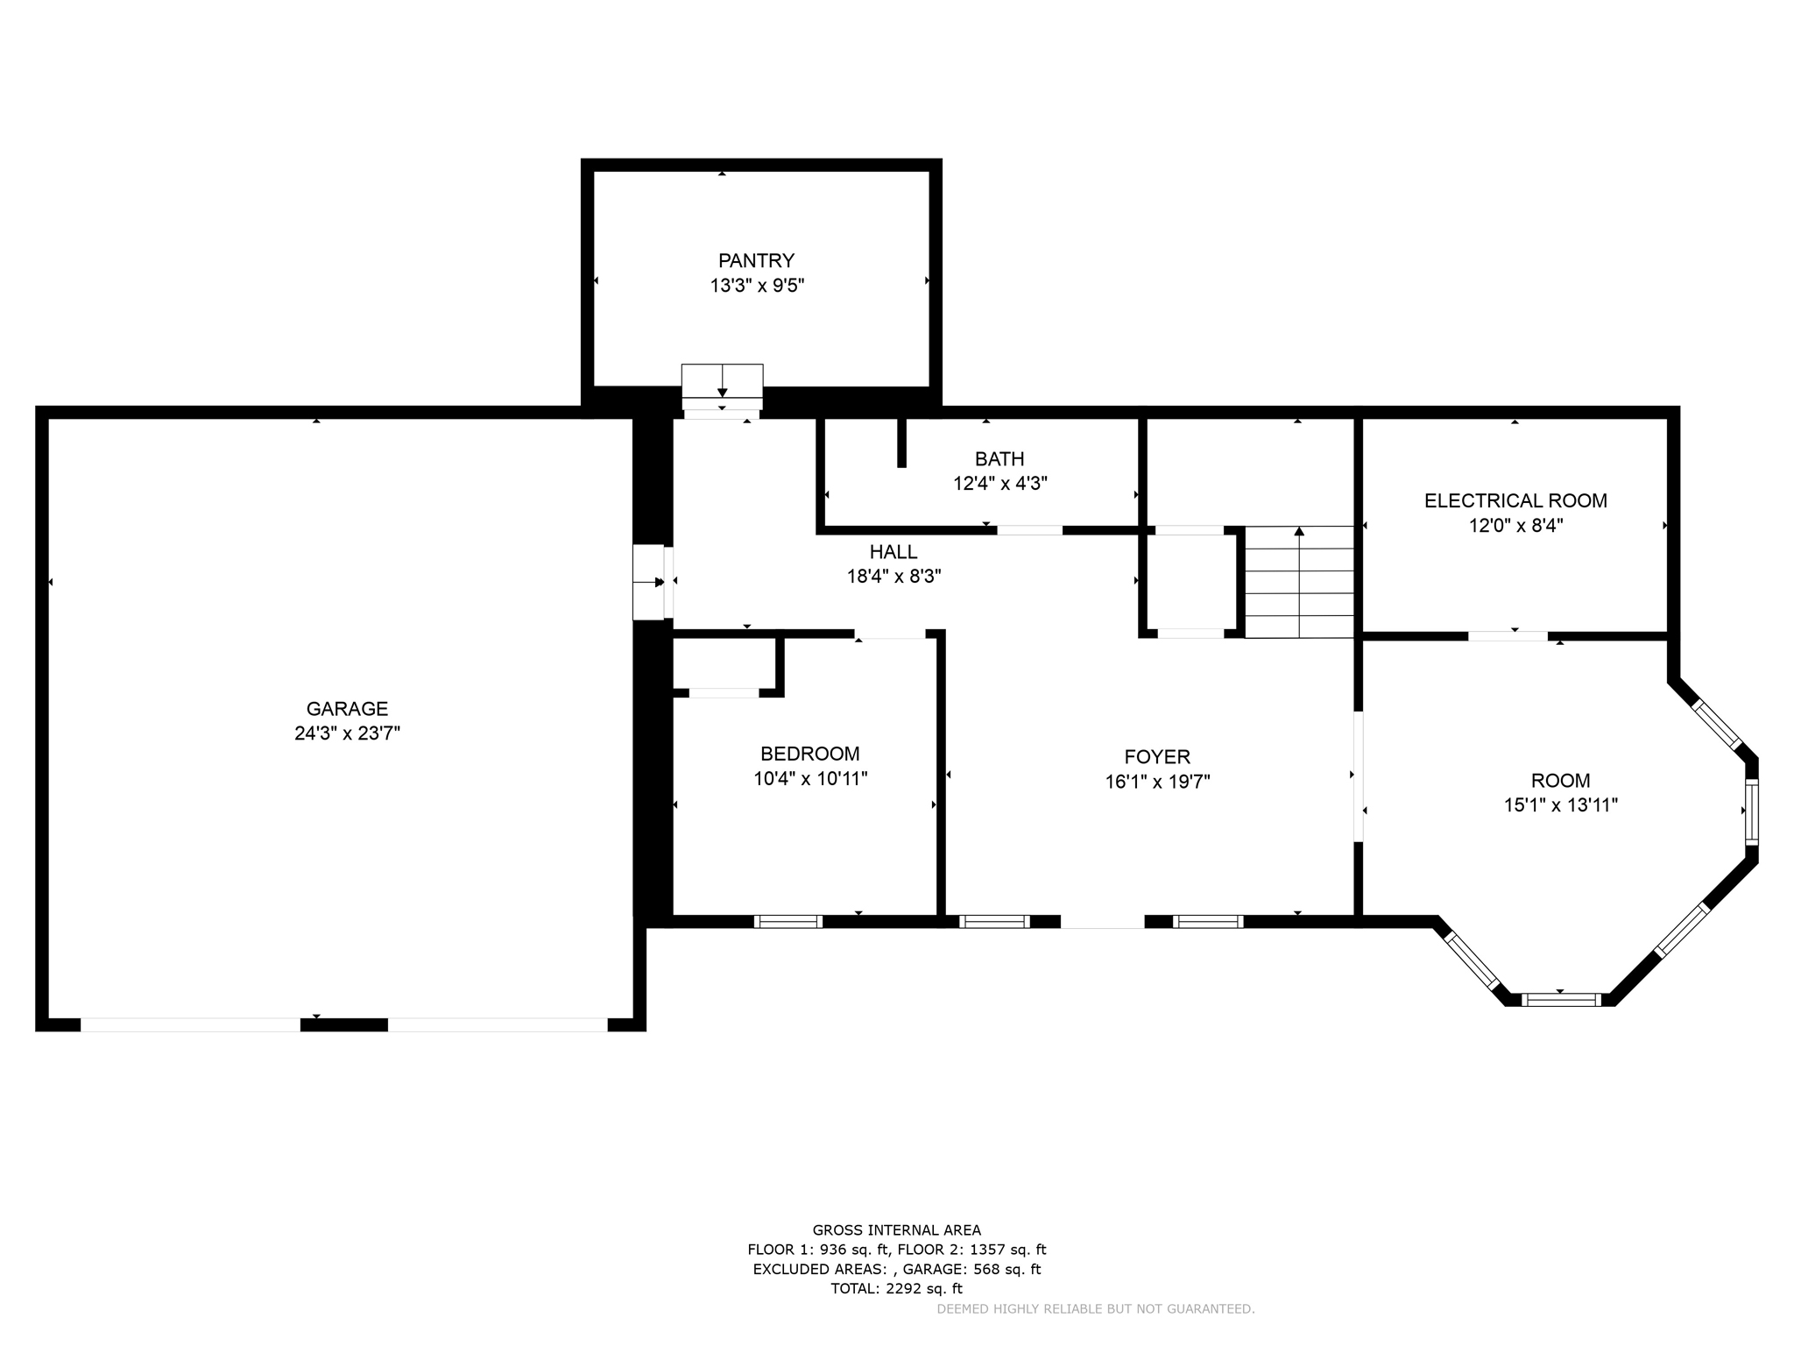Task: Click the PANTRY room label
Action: point(756,260)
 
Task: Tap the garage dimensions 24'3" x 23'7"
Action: point(347,733)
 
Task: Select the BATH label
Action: point(999,458)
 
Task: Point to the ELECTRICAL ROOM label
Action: point(1515,500)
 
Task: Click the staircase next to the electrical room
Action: point(1299,582)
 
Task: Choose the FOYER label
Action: point(1157,756)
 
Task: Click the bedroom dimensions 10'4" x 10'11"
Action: point(810,778)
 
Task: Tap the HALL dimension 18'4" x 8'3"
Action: point(893,577)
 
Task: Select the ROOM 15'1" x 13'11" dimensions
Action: point(1560,805)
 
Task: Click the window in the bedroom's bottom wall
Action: point(788,921)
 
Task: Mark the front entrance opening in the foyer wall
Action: point(1102,921)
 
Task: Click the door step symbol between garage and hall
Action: point(649,582)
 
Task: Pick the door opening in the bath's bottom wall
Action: point(1029,530)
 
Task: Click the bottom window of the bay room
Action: point(1560,999)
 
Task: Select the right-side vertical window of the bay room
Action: point(1751,811)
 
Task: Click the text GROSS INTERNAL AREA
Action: point(896,1230)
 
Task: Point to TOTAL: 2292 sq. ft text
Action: point(896,1288)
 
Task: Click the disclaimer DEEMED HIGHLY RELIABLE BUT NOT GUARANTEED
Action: point(1095,1309)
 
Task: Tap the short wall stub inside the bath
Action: point(901,443)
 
